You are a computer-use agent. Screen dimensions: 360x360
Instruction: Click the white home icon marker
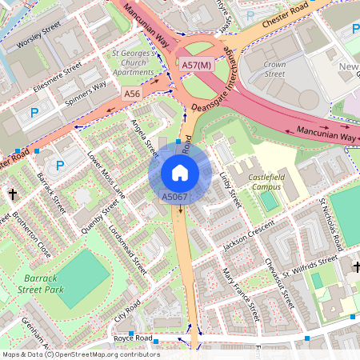coord(180,172)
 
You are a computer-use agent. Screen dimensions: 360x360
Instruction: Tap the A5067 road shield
coord(174,197)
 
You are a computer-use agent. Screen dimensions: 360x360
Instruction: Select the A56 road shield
coord(133,94)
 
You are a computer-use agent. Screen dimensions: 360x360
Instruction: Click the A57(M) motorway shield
coord(196,64)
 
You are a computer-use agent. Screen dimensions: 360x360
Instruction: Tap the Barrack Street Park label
coord(40,285)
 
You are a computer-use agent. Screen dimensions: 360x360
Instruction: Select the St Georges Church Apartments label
coord(134,63)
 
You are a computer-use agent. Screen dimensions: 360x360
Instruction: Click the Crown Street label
coord(274,69)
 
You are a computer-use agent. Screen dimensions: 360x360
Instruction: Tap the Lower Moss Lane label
coord(106,174)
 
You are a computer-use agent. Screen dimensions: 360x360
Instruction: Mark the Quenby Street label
coord(100,217)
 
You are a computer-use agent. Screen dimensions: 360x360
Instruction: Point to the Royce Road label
coord(133,338)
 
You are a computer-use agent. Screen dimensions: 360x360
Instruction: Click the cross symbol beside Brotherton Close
coord(13,194)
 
